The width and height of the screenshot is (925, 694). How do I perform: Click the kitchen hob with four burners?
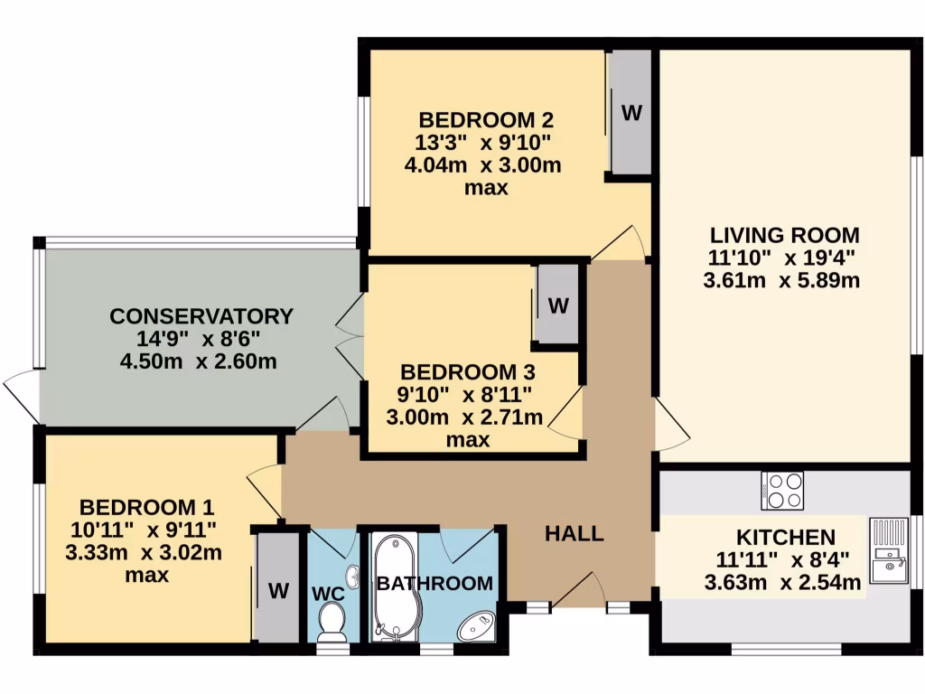pos(782,491)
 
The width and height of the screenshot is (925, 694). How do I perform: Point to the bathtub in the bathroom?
pos(395,587)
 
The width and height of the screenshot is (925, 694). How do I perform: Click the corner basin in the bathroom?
pos(475,626)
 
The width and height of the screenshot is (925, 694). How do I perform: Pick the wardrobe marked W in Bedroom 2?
pos(631,113)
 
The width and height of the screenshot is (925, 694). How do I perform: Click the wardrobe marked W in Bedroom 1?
pos(278,590)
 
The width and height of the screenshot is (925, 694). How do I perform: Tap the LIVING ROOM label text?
pos(783,235)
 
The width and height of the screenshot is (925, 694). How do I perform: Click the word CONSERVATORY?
pos(201,316)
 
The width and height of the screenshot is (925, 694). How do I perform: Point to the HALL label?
pos(574,534)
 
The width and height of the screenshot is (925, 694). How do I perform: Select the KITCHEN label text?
pos(784,537)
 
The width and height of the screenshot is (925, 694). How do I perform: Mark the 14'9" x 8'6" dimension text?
pos(200,339)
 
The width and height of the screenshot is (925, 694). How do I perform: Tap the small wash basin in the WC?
pos(351,575)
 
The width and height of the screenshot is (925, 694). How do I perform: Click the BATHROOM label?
pos(434,583)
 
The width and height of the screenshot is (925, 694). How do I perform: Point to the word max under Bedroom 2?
pos(485,188)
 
